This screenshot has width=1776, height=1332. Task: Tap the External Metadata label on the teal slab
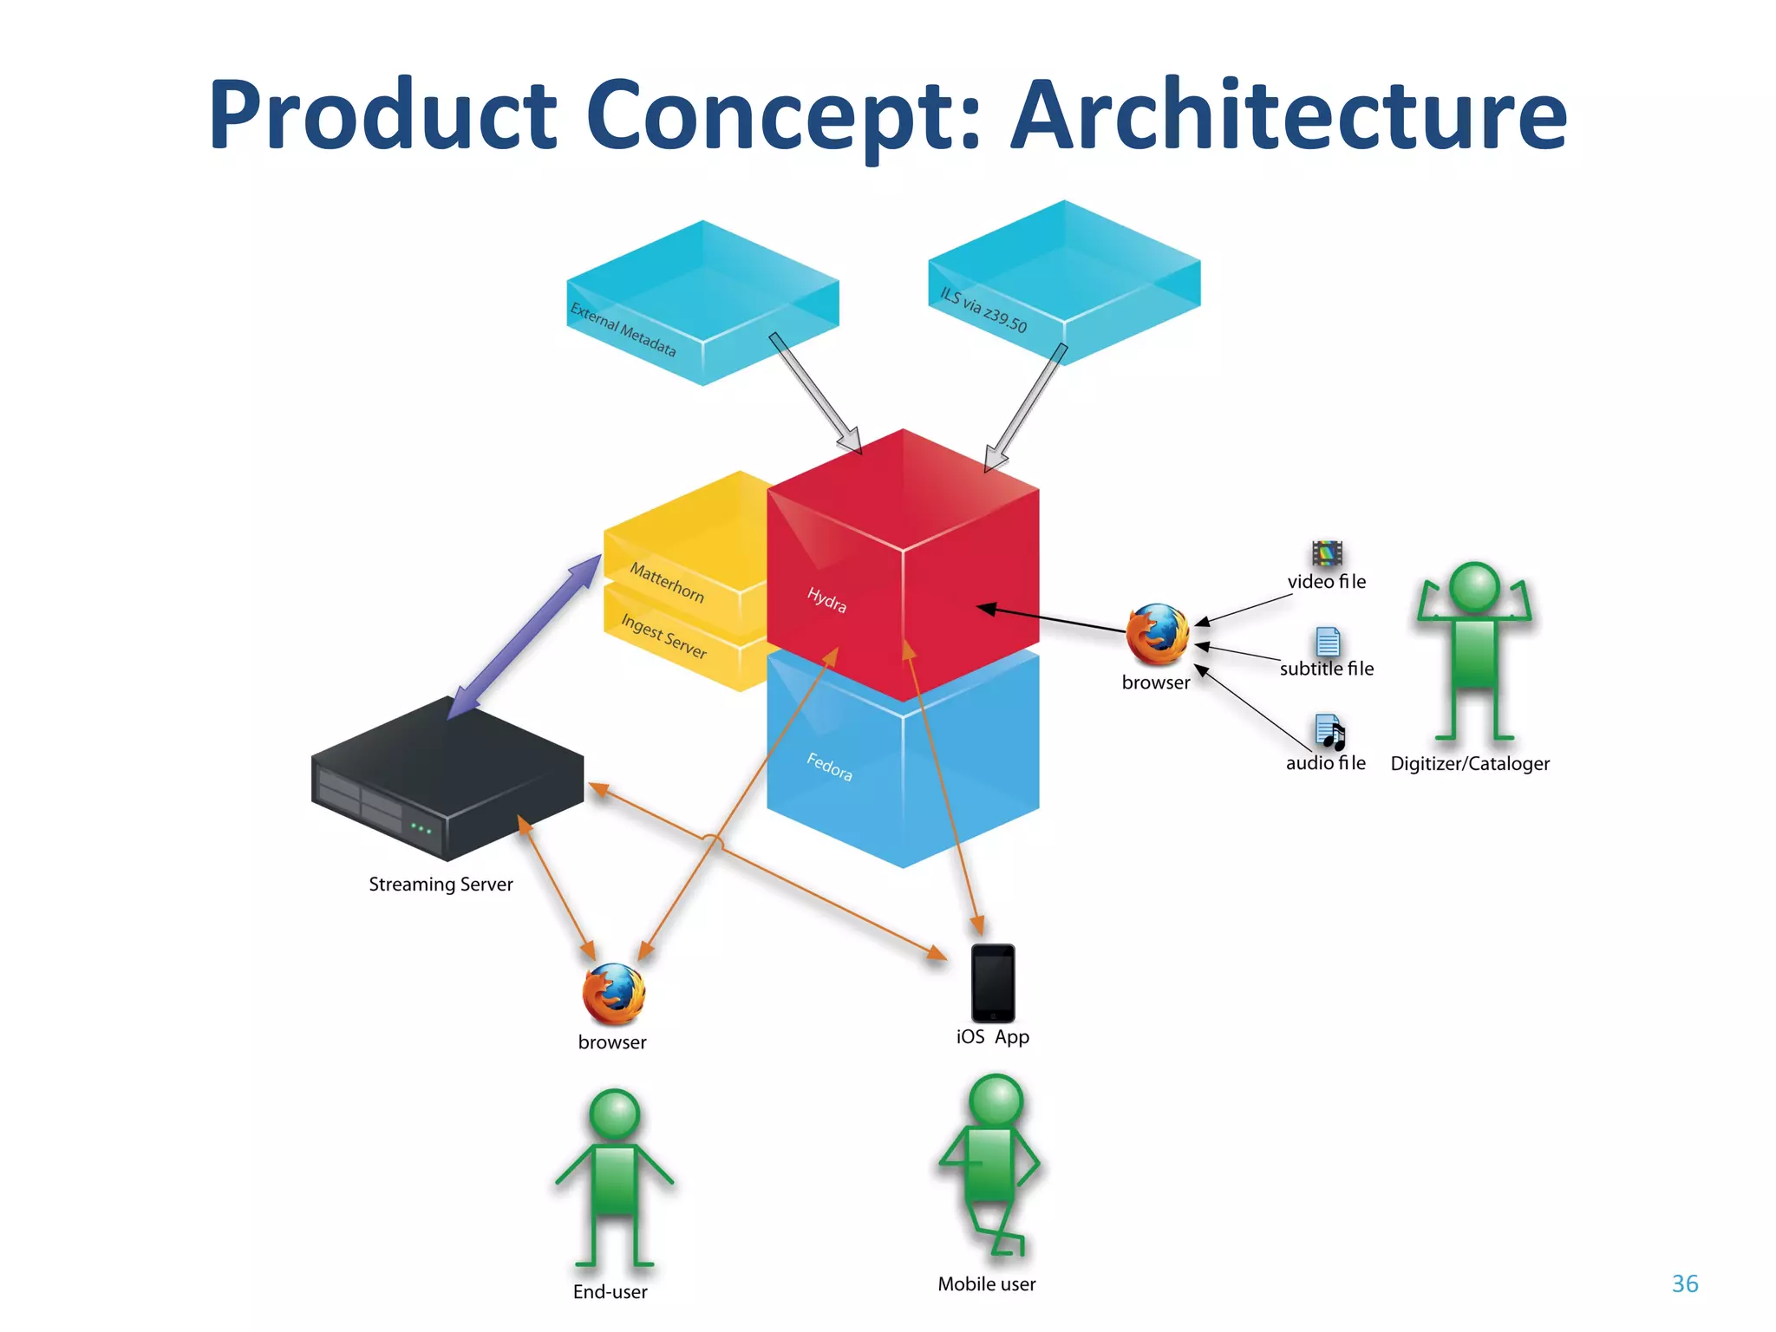click(x=623, y=330)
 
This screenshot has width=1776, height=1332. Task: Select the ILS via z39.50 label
click(x=983, y=310)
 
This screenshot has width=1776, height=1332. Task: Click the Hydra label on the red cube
click(x=826, y=599)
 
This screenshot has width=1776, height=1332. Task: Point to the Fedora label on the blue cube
click(x=829, y=767)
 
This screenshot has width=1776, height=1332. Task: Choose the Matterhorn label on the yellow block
click(x=666, y=582)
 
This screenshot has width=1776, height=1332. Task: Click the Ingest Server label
click(x=663, y=636)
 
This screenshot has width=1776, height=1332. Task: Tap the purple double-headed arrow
click(x=525, y=637)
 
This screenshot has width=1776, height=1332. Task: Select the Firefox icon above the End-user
click(x=613, y=994)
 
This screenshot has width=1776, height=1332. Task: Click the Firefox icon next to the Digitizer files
click(x=1157, y=634)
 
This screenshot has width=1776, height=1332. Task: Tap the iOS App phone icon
click(x=993, y=983)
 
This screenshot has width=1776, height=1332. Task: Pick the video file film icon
click(x=1327, y=552)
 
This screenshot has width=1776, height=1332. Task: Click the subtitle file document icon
click(x=1328, y=642)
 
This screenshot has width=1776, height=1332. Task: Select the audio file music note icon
click(x=1329, y=732)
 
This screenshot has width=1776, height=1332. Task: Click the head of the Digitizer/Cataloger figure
click(x=1474, y=587)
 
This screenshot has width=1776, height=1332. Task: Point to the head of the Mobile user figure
click(x=996, y=1100)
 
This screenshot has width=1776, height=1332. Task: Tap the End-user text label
click(x=610, y=1291)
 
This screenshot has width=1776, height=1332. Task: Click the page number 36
click(x=1684, y=1283)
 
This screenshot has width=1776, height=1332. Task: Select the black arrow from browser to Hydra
click(x=1054, y=618)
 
